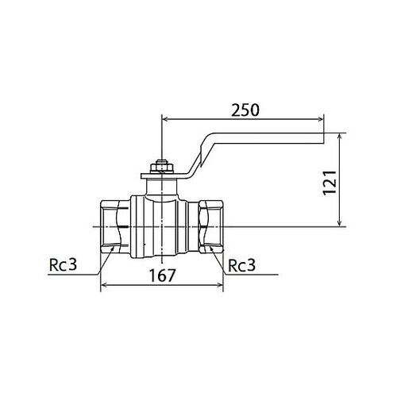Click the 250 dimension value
coord(245,110)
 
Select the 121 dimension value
coord(330,183)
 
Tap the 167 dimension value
coord(162,276)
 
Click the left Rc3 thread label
coord(63,264)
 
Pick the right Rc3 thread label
coord(241,265)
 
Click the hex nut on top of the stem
coord(162,168)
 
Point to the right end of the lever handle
coord(323,138)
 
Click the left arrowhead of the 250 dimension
coord(165,119)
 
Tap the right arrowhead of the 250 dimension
coord(320,119)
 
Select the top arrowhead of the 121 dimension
coord(340,137)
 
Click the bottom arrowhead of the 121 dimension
coord(340,223)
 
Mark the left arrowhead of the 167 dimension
coord(104,285)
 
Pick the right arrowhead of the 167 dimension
coord(220,285)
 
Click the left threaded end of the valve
coord(115,227)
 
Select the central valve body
coord(160,227)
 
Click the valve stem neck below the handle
coord(162,187)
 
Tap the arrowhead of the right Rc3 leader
coord(211,249)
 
